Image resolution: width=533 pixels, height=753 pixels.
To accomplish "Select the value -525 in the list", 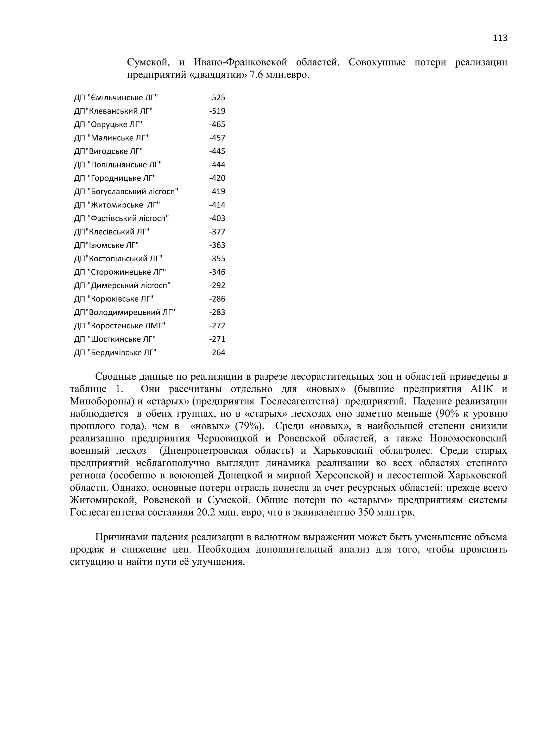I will tap(217, 98).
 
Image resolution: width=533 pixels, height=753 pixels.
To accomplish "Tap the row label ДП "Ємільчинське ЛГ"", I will tap(116, 98).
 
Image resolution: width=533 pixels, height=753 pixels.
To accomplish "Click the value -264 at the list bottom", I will tap(217, 353).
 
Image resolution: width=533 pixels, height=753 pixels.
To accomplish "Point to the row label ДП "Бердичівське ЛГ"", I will tap(115, 353).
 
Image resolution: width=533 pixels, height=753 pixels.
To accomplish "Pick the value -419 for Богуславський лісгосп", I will tap(217, 192).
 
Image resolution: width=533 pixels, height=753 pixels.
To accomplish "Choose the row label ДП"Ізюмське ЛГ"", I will tap(106, 245).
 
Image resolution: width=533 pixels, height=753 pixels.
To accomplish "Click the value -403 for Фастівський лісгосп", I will tap(217, 218).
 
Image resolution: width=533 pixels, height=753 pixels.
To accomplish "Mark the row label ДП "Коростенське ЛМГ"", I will tap(120, 326).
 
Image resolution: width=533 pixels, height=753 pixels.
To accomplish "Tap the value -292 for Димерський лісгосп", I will tap(217, 285).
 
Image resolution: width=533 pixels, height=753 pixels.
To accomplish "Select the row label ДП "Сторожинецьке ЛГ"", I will tap(120, 272).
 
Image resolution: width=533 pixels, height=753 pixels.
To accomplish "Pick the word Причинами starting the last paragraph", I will tap(120, 537).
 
